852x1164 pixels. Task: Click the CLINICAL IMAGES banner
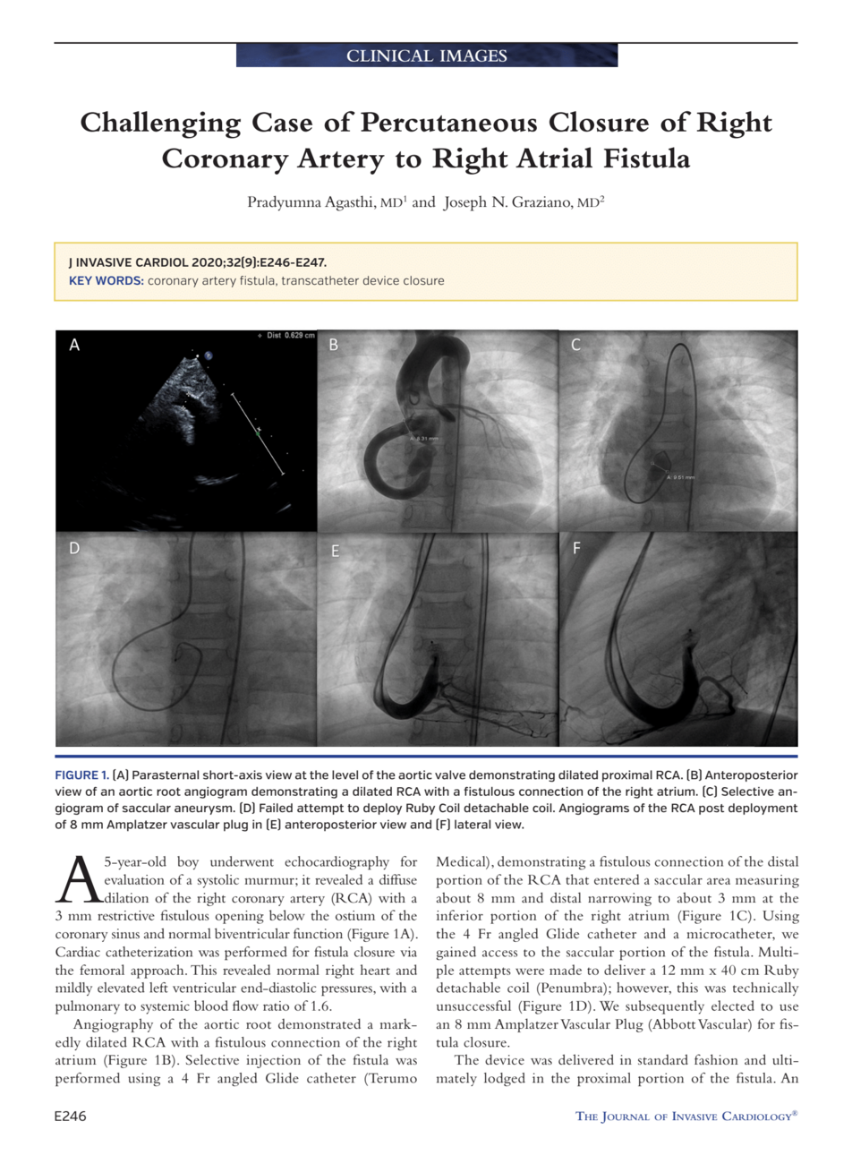tap(427, 56)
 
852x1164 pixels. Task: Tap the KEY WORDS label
tap(106, 281)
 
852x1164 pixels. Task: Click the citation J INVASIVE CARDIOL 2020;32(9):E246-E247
tap(198, 263)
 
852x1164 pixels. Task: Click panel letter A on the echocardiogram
tap(74, 345)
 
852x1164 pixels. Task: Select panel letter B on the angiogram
tap(334, 345)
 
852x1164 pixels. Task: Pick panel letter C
tap(575, 345)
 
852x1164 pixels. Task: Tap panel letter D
tap(74, 548)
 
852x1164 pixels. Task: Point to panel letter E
tap(335, 551)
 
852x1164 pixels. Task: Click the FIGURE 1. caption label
tap(81, 775)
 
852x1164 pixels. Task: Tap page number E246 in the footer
tap(71, 1117)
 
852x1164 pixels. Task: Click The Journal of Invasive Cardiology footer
tap(686, 1117)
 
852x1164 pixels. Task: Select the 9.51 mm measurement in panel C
tap(680, 478)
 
